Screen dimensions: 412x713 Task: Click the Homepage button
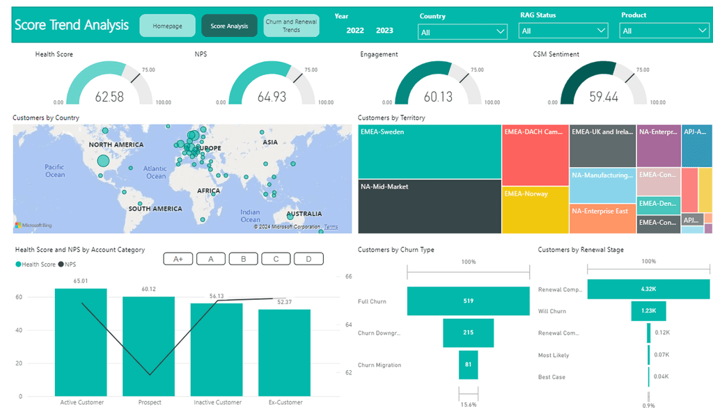167,26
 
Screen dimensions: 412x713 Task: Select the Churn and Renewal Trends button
291,26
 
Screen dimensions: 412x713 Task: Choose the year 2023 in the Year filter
384,31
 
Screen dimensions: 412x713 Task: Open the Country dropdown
463,31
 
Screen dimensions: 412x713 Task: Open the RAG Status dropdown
563,31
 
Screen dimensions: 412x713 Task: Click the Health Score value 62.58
109,97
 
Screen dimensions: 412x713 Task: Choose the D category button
308,259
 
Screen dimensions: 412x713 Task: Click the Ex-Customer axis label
286,402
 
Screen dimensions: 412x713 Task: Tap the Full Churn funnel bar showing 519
469,301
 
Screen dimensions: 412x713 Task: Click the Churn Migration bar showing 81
469,365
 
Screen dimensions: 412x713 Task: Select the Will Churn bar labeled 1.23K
648,311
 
